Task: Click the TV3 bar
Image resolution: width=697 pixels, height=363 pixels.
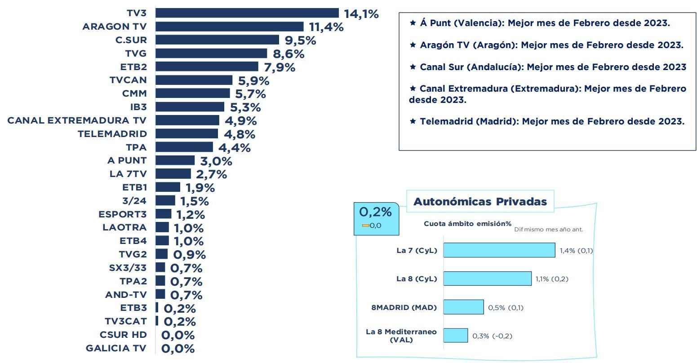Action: click(x=247, y=13)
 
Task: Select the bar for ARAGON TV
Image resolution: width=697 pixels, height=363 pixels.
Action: click(x=230, y=27)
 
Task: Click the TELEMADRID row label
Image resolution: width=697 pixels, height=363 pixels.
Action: click(x=112, y=134)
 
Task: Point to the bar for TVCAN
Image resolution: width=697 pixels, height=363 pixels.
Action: click(x=194, y=80)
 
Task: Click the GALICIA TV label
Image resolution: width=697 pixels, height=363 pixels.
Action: click(x=116, y=348)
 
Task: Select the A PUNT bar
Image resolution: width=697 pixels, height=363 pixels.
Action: click(x=175, y=160)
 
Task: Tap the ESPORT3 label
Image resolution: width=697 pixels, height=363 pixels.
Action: click(x=122, y=214)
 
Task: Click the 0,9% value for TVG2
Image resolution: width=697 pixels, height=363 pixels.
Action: click(x=189, y=255)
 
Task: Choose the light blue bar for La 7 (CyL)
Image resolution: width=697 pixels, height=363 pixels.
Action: click(x=499, y=250)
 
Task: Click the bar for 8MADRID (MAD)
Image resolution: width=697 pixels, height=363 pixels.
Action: click(x=463, y=307)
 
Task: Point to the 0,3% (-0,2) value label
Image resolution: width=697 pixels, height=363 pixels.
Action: click(x=492, y=336)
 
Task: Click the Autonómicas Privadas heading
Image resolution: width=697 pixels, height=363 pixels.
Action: click(x=480, y=202)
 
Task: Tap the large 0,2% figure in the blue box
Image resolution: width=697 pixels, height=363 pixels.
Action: click(x=375, y=212)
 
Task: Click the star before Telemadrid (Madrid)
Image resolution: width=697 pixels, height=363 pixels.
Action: click(x=413, y=121)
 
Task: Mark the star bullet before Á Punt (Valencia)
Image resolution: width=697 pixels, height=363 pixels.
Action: click(x=413, y=23)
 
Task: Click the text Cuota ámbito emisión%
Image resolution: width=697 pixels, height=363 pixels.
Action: click(x=467, y=224)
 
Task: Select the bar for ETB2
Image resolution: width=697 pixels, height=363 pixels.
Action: click(x=207, y=66)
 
